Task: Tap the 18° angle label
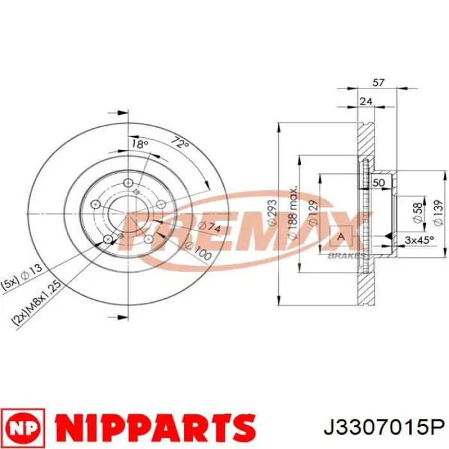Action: click(x=139, y=144)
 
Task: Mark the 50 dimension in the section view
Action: click(x=378, y=183)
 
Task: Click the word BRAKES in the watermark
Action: click(x=348, y=255)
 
